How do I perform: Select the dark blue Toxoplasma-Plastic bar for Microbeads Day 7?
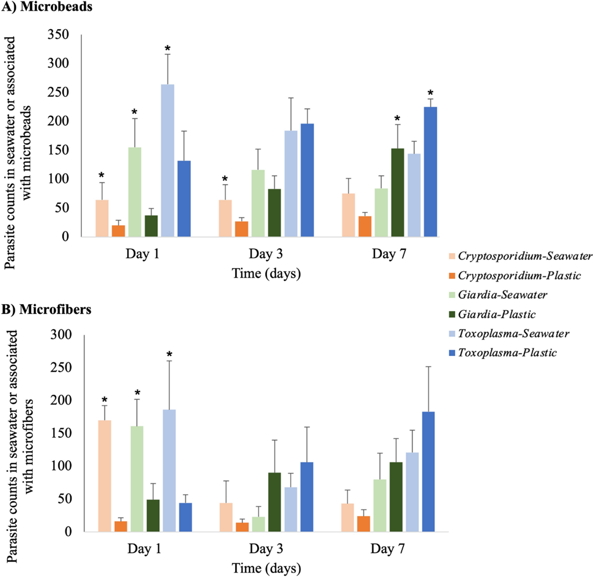pos(431,172)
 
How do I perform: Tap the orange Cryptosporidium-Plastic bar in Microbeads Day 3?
pos(242,229)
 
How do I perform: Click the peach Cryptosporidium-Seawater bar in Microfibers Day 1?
pos(104,476)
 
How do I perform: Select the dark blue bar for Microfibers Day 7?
pos(428,471)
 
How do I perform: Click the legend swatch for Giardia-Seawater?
pos(451,295)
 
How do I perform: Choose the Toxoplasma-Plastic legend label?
pos(507,353)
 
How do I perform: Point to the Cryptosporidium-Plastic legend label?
pos(519,276)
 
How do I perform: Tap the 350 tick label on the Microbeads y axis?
pos(58,35)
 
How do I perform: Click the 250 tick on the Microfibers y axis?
pos(61,368)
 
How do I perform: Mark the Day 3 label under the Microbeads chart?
pos(266,254)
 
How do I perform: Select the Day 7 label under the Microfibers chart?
pos(388,549)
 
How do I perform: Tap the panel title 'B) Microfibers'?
pos(47,310)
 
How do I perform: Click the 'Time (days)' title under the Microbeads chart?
pos(266,273)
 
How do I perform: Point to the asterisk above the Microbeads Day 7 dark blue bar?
pos(431,93)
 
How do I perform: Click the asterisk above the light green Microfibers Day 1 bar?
pos(137,393)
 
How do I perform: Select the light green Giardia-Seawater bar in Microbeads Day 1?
pos(135,192)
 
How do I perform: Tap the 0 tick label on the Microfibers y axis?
pos(68,531)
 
